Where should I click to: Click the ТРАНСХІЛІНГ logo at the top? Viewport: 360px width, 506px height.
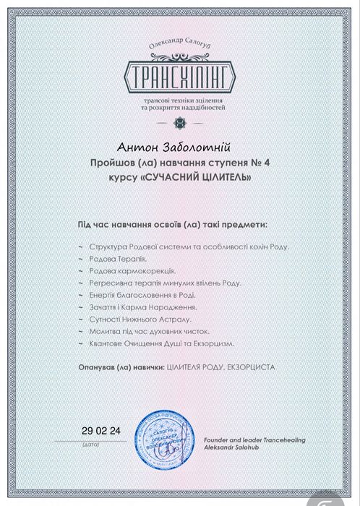[x=179, y=74]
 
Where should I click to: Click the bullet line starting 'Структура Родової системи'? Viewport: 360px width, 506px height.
[x=188, y=246]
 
